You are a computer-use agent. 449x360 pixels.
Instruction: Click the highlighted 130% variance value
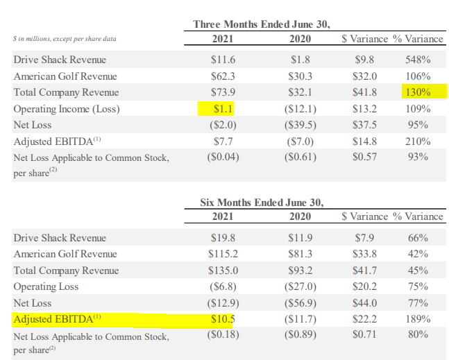(x=417, y=92)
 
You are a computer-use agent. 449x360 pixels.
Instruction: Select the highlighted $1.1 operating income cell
(x=221, y=109)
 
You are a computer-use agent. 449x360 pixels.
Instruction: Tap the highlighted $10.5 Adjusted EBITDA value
(x=221, y=320)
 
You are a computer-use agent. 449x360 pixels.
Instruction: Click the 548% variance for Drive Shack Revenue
(x=417, y=60)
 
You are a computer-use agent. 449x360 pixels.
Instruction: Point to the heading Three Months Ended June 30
(x=261, y=25)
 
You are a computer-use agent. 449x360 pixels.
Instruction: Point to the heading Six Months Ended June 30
(x=261, y=202)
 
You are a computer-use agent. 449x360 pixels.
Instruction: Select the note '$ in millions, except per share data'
(x=65, y=39)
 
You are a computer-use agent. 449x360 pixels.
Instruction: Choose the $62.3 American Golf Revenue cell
(x=221, y=76)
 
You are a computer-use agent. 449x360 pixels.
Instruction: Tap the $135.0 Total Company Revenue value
(x=221, y=271)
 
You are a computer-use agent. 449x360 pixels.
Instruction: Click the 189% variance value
(x=417, y=320)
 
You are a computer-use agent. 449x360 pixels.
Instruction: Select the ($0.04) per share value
(x=221, y=157)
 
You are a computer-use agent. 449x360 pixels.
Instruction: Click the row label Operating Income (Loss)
(x=67, y=109)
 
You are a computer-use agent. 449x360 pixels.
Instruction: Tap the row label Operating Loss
(x=46, y=286)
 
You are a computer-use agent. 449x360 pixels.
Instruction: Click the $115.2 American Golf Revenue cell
(x=221, y=254)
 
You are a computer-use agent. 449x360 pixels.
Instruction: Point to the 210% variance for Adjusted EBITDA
(x=417, y=142)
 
